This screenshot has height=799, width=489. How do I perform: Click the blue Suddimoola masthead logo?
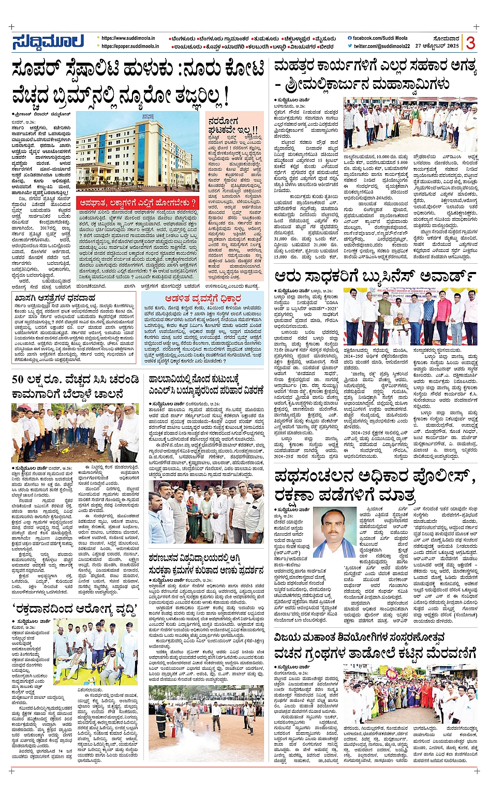tap(48, 42)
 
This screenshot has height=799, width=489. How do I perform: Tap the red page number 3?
tap(470, 43)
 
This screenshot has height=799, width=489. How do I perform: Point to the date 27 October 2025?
tap(437, 46)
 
